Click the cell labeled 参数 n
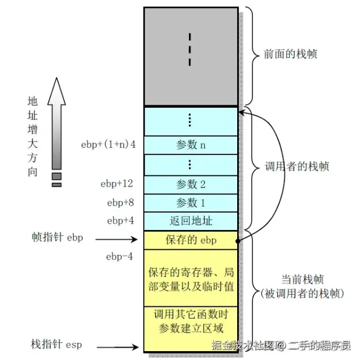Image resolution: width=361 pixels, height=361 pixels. tap(191, 145)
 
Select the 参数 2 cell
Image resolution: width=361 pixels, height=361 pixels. tap(191, 184)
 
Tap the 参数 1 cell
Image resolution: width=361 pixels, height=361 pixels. tap(191, 203)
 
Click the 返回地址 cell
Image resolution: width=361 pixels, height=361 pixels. tap(191, 221)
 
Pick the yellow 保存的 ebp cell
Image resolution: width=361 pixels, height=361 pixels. tap(191, 239)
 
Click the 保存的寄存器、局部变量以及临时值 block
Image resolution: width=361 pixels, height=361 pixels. tap(191, 278)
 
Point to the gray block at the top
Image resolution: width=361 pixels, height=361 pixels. tap(191, 56)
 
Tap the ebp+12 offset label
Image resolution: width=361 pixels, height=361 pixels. tap(117, 184)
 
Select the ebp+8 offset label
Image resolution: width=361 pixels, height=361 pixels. tap(120, 203)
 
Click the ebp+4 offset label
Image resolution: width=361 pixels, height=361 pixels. tap(120, 221)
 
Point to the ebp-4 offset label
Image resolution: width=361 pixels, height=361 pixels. tap(120, 256)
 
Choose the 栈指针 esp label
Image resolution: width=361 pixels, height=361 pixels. tap(57, 345)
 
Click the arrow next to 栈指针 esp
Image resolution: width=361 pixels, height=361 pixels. tap(120, 348)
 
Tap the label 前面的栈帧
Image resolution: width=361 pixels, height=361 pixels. tap(290, 54)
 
